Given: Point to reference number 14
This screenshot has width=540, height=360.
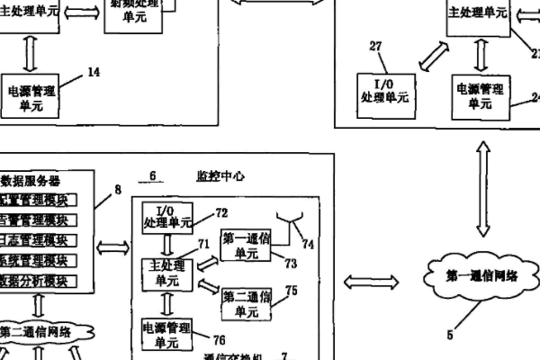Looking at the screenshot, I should tap(94, 72).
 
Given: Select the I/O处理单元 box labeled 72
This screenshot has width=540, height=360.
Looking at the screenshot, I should tap(166, 216).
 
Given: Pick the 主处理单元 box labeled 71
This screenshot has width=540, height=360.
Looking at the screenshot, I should tap(166, 272).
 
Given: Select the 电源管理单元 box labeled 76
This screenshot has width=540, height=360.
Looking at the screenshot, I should tap(166, 334).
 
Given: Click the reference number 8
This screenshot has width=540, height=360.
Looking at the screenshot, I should tap(117, 189).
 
